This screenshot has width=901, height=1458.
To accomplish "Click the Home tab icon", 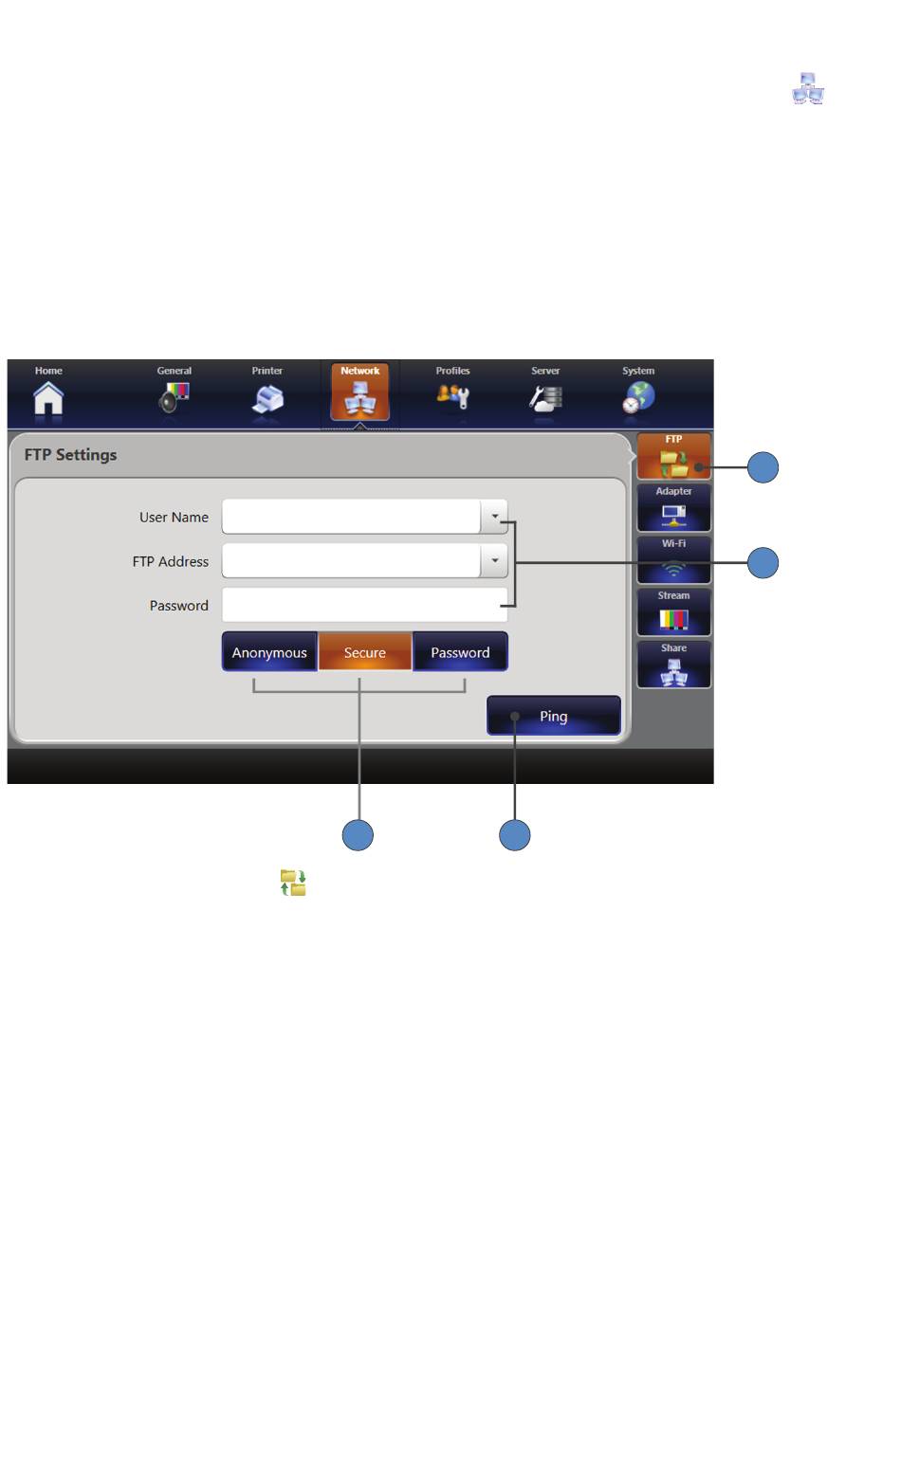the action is coord(48,398).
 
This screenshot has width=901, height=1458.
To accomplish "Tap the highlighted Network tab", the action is coord(360,392).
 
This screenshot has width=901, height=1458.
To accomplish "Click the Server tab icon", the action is coord(545,398).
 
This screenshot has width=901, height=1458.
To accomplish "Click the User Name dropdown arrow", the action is coord(494,517).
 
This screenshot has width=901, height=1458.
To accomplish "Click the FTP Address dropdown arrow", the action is coord(494,560).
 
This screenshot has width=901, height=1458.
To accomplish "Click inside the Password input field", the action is coord(364,605).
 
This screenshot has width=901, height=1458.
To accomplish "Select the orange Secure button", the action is coord(364,651).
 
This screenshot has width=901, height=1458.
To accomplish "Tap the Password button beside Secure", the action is coord(460,651).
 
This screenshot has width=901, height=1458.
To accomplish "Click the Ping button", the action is coord(553,716).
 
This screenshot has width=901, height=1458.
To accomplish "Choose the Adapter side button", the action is coord(673,508).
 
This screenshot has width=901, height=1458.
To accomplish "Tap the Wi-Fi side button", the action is coord(673,559).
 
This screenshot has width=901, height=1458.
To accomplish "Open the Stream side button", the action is coord(673,611).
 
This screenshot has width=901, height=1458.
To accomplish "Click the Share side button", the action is coord(673,664).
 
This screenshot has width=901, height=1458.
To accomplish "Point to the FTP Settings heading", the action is coord(70,454).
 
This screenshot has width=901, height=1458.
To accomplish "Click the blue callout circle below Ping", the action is coord(514,835).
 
